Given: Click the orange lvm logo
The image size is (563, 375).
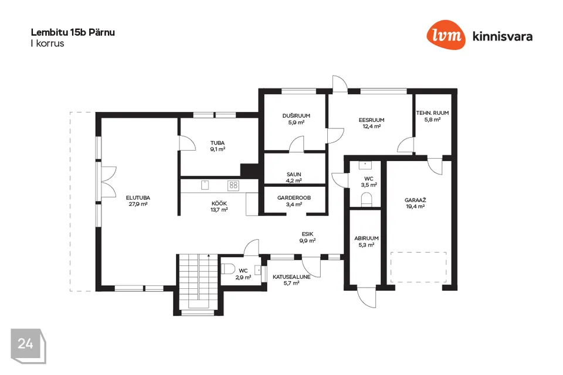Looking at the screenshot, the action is click(x=446, y=35).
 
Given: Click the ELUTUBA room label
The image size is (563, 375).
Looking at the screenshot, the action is click(x=138, y=197).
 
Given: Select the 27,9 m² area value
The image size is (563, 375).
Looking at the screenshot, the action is click(x=138, y=204).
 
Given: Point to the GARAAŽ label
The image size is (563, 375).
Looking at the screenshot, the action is click(x=415, y=200).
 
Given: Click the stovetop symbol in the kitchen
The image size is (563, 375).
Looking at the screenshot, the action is click(x=233, y=185).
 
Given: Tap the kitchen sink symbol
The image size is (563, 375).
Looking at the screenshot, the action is click(x=205, y=185).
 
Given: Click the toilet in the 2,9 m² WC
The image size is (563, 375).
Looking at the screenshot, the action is click(x=228, y=269).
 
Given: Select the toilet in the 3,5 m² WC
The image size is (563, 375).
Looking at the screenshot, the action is click(x=366, y=199).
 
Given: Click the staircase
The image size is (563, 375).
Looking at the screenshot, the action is click(x=198, y=281).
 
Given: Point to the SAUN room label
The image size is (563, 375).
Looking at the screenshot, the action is click(x=294, y=175).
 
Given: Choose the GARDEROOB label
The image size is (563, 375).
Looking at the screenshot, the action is click(x=294, y=197).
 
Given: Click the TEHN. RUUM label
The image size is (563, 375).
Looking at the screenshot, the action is click(x=432, y=112).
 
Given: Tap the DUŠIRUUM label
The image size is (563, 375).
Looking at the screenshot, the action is click(x=296, y=116).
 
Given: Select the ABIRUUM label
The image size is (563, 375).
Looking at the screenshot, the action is click(x=366, y=238).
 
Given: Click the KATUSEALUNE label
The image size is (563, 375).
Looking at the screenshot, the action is click(x=291, y=277).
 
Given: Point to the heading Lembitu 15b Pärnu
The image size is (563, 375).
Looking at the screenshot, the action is click(x=73, y=32).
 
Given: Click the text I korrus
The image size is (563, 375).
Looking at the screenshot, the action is click(x=48, y=43).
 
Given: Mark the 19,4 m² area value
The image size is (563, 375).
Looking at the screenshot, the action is click(x=415, y=207).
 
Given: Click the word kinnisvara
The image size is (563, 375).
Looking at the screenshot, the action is click(x=503, y=36).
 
